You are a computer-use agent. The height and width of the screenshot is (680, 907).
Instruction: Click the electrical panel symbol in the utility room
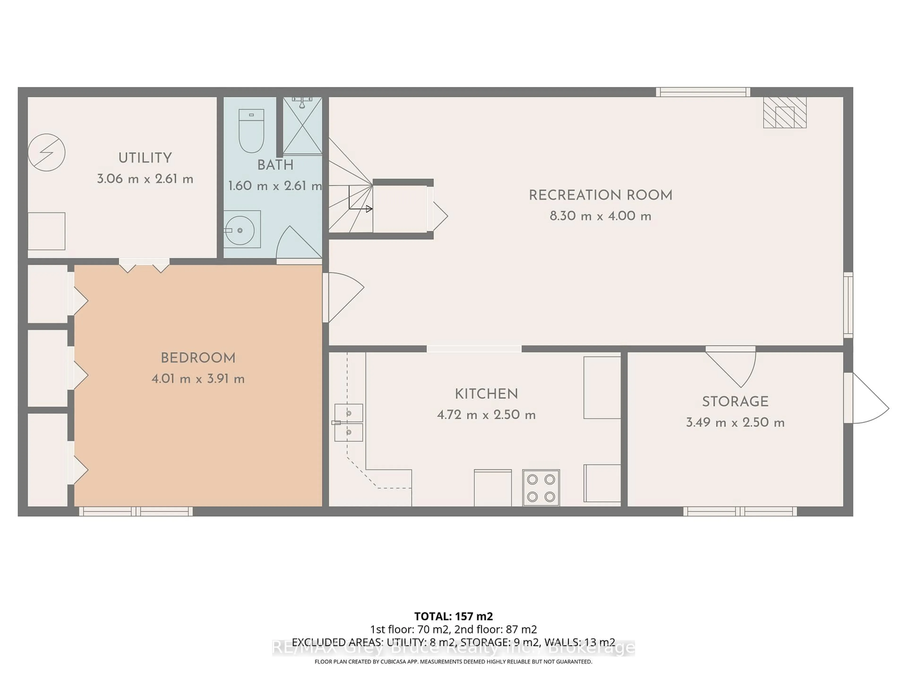(46, 153)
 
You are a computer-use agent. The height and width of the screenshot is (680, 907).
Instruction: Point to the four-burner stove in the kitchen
(541, 488)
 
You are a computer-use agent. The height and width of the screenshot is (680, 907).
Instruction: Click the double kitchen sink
(349, 423)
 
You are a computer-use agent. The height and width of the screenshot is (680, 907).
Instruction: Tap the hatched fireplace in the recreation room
(784, 113)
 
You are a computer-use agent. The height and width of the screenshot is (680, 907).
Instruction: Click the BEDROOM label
(198, 358)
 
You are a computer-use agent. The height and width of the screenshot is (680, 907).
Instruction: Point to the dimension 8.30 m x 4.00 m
(600, 216)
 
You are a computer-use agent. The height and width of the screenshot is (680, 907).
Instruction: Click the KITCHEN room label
(486, 394)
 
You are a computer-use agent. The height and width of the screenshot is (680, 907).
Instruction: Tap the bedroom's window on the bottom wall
(136, 511)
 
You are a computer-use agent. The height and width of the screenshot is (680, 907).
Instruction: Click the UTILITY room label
(145, 158)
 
